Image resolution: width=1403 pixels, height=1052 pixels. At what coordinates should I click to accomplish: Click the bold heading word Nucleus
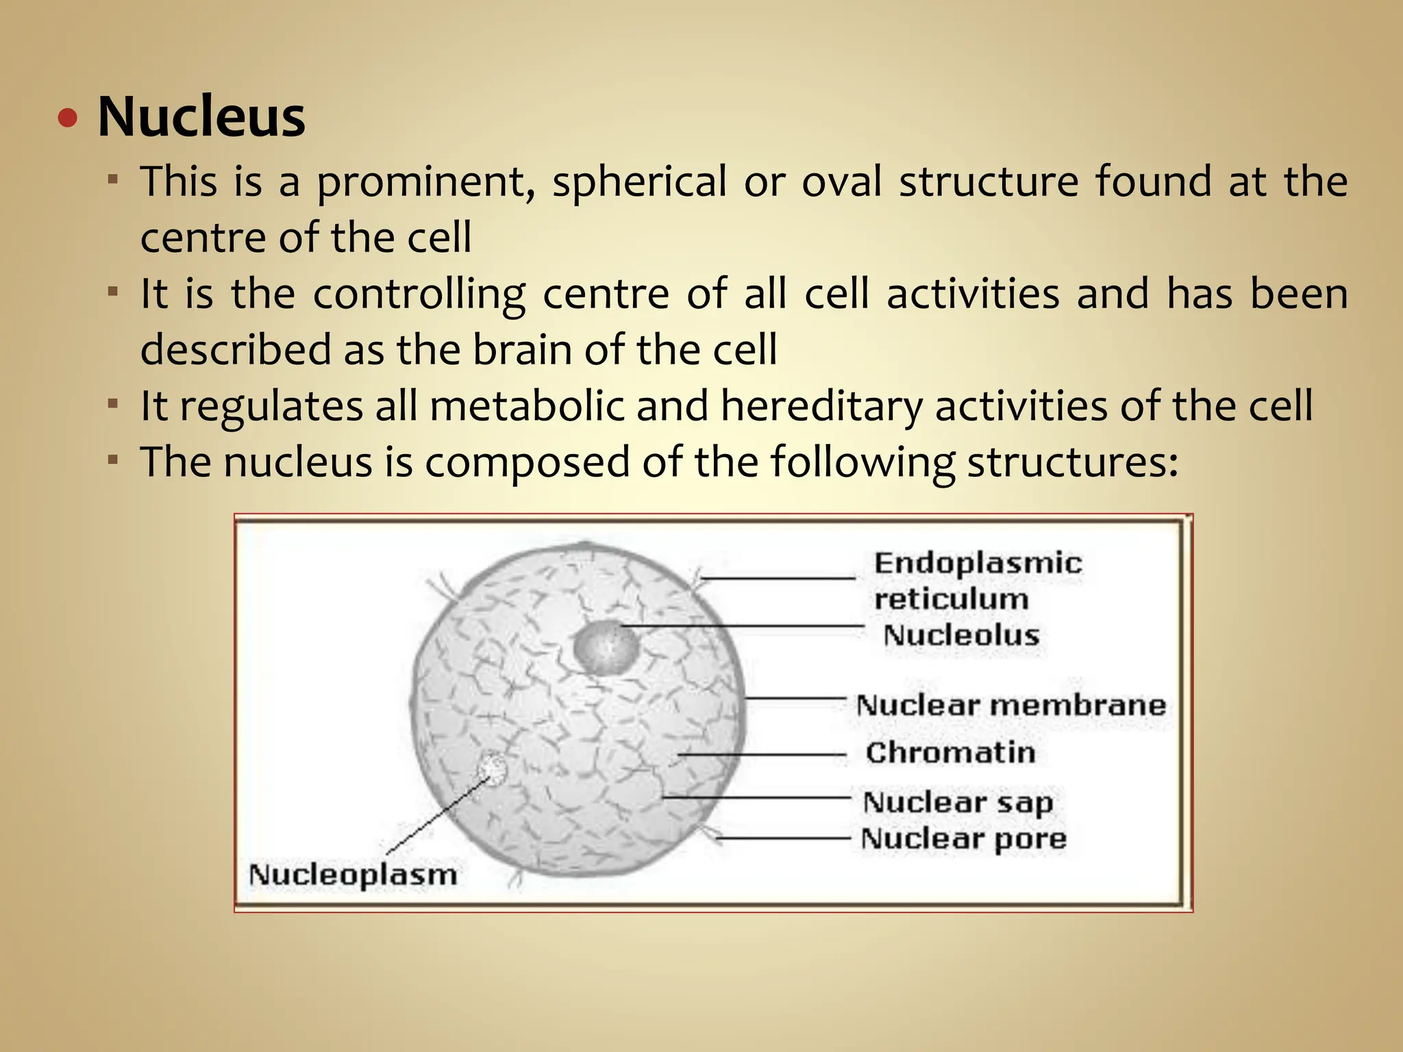(x=201, y=117)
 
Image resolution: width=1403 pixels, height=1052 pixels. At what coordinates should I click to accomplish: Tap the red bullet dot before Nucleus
(x=68, y=119)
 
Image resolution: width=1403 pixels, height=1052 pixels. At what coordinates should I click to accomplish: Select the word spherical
(x=639, y=183)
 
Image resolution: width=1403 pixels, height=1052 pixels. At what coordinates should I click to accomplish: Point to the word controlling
(x=419, y=295)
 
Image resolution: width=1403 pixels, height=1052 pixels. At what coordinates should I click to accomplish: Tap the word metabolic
(x=527, y=405)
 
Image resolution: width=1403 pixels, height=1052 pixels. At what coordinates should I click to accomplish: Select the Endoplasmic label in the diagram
(x=978, y=564)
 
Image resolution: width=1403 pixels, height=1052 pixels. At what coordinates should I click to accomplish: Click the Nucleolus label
(x=961, y=635)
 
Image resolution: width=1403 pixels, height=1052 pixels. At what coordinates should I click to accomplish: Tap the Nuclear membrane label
(x=1011, y=705)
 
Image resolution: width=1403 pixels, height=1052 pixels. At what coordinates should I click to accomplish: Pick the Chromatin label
(x=950, y=753)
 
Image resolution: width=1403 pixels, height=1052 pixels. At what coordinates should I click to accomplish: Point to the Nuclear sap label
(x=958, y=803)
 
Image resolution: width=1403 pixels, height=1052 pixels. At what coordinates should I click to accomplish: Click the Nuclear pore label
(x=963, y=839)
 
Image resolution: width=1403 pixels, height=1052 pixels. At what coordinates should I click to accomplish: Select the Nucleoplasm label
(x=352, y=875)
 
